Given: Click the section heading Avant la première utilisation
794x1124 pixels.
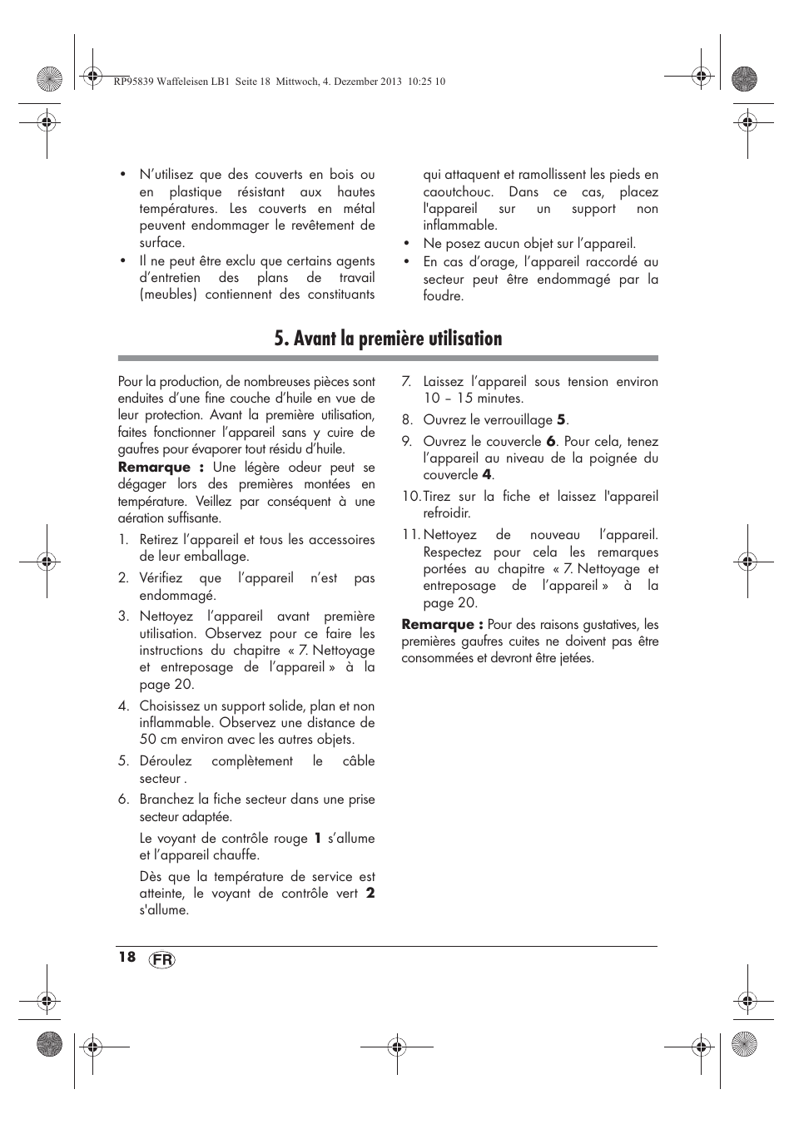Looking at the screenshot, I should click(388, 339).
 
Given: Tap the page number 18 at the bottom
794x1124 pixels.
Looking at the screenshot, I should click(127, 957).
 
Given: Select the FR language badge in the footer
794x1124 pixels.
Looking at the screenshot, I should click(163, 960).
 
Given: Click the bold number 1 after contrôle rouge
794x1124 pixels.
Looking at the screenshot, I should click(317, 839).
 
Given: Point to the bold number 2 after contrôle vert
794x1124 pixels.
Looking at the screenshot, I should click(370, 894).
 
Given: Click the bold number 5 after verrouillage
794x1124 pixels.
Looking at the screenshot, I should click(562, 420).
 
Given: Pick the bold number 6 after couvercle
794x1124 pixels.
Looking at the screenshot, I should click(550, 442).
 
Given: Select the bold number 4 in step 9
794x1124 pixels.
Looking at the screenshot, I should click(487, 475).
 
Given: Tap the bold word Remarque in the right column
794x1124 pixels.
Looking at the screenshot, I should click(438, 625).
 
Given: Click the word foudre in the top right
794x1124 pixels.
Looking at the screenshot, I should click(441, 296).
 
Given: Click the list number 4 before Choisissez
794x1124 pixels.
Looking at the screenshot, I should click(123, 706).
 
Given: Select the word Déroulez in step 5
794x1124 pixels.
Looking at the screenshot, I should click(166, 761).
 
